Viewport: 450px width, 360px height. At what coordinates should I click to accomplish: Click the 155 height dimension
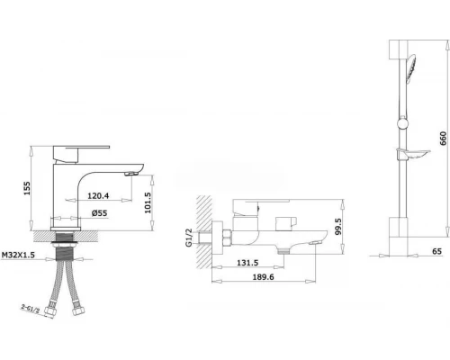tap(27, 188)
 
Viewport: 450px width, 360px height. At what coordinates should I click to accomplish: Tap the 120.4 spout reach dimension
tap(98, 196)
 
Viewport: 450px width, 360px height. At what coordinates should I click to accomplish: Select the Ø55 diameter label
tap(100, 213)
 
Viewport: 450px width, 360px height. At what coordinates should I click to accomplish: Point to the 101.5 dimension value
tap(148, 202)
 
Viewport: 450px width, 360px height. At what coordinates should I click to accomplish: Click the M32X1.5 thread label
tap(18, 255)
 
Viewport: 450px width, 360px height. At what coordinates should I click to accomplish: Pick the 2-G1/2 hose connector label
tap(30, 309)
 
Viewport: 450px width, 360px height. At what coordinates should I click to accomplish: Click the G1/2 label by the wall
tap(189, 238)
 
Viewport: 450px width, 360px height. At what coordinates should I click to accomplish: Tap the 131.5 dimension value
tap(247, 263)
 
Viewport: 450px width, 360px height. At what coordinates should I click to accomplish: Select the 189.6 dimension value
tap(263, 277)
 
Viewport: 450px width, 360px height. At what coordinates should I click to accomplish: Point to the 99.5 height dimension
tap(338, 227)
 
